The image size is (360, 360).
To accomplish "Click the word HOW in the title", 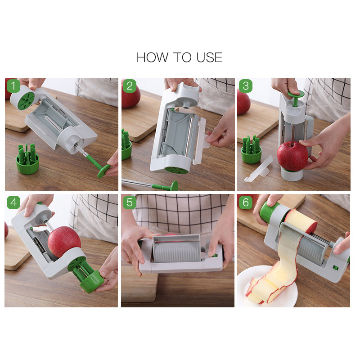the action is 153,58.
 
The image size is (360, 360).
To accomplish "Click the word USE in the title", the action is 209,58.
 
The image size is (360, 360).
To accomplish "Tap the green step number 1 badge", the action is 13,86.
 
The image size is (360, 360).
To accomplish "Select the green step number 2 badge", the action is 130,86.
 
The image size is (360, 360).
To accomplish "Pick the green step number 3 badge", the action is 246,86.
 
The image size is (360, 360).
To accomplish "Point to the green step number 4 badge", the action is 13,202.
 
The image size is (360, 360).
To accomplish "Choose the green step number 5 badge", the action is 130,202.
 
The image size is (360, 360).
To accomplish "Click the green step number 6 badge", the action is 246,202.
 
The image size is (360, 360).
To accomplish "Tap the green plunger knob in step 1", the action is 103,171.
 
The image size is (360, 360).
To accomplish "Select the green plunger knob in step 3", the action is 296,94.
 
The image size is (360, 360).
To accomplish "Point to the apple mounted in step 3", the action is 292,156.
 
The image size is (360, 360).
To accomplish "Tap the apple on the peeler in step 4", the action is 64,242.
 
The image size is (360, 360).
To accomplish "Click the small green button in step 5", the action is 215,255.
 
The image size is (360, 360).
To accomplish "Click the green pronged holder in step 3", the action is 252,150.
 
